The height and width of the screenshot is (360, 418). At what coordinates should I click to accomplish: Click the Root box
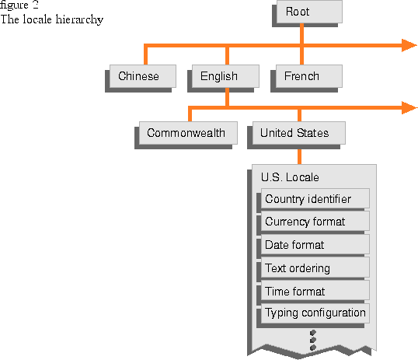[309, 12]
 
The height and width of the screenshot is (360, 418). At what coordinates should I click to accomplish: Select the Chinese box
[143, 76]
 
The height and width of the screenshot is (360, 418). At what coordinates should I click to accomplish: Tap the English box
[225, 76]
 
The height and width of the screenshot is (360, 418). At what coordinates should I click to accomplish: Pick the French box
[309, 76]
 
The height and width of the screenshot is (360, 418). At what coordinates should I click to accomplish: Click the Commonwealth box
[188, 133]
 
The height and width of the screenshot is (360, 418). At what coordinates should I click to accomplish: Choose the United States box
[299, 133]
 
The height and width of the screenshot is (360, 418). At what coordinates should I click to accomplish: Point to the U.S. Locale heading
[290, 177]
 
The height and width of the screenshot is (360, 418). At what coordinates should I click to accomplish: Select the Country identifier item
[315, 198]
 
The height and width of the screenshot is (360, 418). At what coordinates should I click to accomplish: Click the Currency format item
[315, 222]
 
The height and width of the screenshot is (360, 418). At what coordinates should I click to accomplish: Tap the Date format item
[315, 244]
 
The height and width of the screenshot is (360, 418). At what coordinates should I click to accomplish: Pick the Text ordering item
[315, 267]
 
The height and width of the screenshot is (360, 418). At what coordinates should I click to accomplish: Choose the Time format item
[315, 291]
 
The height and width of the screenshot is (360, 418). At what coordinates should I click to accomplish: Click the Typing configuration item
[315, 313]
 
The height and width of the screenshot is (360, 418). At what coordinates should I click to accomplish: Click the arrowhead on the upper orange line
[409, 45]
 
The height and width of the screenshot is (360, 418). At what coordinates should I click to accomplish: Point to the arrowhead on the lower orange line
[409, 108]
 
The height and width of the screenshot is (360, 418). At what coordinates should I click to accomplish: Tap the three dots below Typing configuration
[313, 340]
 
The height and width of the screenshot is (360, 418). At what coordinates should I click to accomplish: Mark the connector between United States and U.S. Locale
[299, 156]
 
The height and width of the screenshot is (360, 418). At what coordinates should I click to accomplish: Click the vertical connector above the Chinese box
[145, 55]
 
